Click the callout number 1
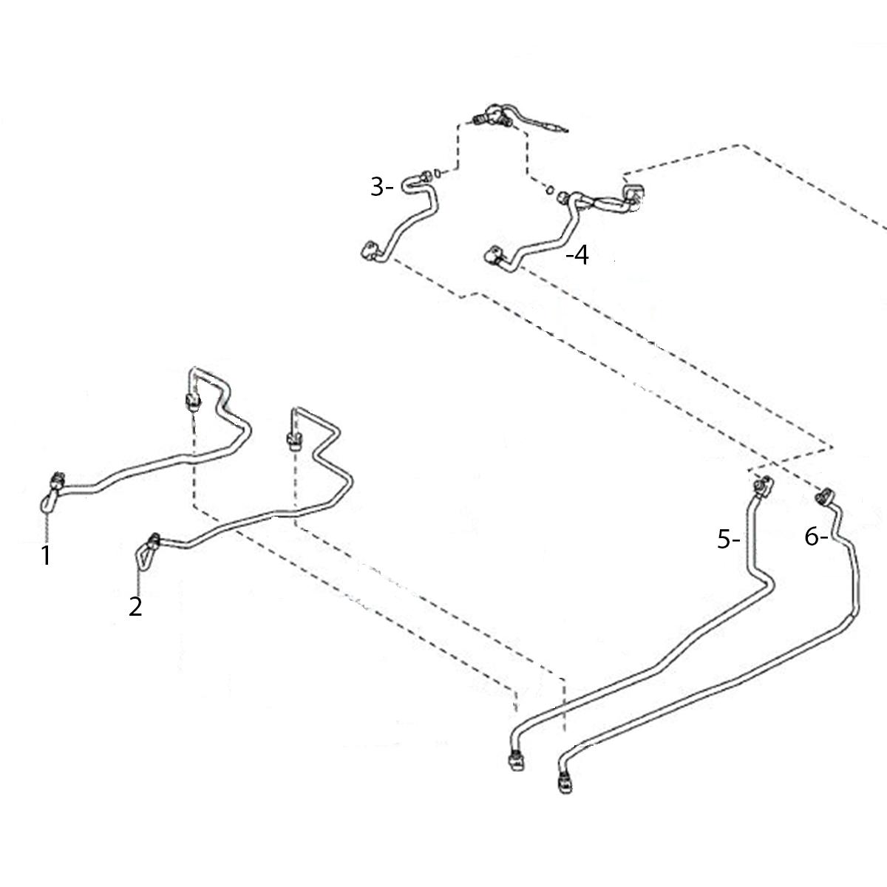[46, 556]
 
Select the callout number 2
[135, 607]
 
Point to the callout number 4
[582, 256]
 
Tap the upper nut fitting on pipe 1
[193, 401]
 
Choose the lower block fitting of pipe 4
[495, 256]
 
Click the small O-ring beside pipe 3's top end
[438, 174]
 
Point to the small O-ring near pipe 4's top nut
[550, 189]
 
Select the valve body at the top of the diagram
[492, 116]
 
